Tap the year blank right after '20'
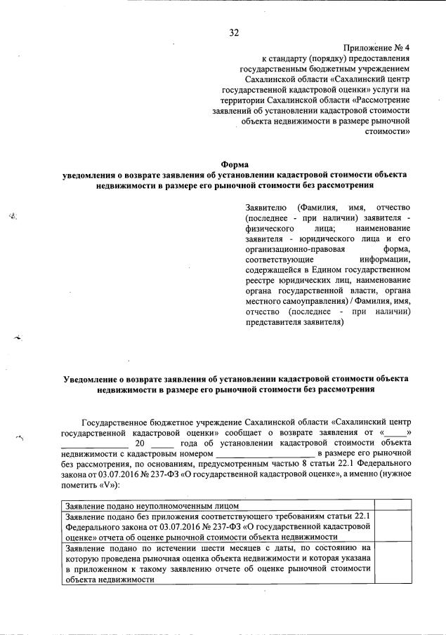[162, 444]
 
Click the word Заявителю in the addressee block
[267, 208]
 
